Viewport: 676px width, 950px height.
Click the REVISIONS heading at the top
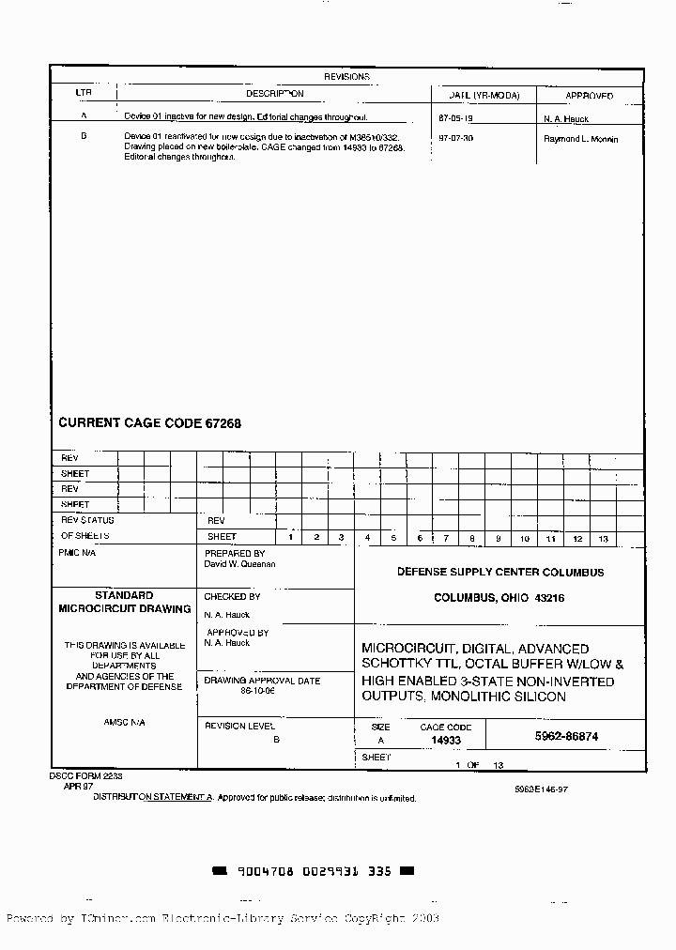point(346,77)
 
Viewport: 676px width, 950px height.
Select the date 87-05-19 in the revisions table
point(456,118)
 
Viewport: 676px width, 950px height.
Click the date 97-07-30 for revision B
point(456,138)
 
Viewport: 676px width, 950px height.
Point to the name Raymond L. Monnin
point(581,138)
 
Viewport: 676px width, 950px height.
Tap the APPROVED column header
point(589,96)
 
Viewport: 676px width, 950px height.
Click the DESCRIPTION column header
point(274,94)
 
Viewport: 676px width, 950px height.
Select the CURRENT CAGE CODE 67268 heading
point(150,423)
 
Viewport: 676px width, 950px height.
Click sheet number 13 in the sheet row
point(603,539)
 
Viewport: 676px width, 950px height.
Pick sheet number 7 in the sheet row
point(446,539)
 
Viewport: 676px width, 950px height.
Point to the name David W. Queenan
point(239,564)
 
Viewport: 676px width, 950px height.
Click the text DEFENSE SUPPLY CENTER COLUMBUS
point(499,572)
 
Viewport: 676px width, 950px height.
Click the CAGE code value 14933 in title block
point(446,740)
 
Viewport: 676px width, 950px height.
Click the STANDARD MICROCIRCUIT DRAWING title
point(124,602)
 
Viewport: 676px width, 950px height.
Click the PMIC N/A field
point(77,554)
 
